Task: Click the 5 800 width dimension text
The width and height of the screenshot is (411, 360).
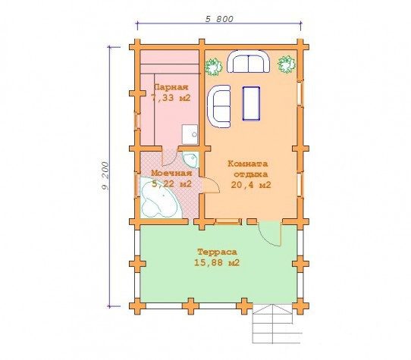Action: (219, 19)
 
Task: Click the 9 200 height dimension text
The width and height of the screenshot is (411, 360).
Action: (105, 177)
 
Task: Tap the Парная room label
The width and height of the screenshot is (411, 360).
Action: (171, 87)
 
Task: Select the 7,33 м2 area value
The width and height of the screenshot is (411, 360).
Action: (171, 98)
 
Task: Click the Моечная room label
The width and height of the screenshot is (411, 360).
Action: (171, 174)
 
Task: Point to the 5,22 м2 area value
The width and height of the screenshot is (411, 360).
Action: (171, 184)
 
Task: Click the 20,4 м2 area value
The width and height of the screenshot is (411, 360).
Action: (251, 185)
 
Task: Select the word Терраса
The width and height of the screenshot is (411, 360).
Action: (217, 252)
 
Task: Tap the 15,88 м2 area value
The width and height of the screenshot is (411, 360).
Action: (217, 263)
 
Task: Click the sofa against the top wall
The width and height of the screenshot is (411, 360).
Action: (248, 61)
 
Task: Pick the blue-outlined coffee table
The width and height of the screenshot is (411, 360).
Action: (251, 104)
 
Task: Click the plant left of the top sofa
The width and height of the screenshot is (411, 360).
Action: (213, 67)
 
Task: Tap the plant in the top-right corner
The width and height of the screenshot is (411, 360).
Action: (287, 64)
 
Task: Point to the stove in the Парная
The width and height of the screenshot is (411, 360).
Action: (190, 134)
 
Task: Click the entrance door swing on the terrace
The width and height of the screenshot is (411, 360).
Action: (271, 233)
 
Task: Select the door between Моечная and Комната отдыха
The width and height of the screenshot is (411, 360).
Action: (211, 185)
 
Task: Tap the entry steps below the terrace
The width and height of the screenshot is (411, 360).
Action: (277, 324)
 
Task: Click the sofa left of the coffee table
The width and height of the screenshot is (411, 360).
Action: (219, 106)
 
